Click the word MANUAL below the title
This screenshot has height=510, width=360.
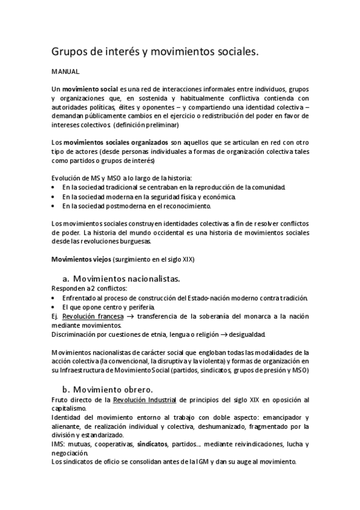click(x=63, y=71)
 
